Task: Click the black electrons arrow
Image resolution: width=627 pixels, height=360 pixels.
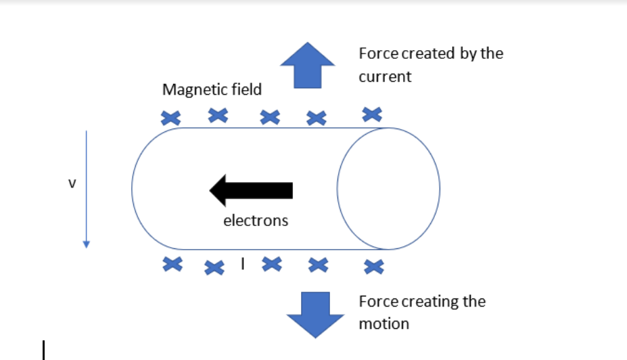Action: (x=251, y=190)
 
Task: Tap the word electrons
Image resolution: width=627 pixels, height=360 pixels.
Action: (x=256, y=221)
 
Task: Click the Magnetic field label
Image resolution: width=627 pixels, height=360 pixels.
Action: (x=212, y=89)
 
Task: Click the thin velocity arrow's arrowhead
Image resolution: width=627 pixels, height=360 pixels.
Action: (x=86, y=244)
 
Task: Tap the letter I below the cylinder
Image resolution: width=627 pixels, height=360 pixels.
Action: (x=241, y=262)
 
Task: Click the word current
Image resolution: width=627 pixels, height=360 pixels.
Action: (x=385, y=76)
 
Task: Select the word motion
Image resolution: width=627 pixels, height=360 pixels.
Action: (x=384, y=323)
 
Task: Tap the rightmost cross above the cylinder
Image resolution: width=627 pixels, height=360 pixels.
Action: (x=372, y=114)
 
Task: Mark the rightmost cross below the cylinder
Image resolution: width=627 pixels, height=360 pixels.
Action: (x=373, y=266)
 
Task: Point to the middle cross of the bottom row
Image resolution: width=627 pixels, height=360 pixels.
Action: (x=271, y=264)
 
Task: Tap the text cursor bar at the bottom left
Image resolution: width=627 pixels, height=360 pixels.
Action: (x=43, y=350)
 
